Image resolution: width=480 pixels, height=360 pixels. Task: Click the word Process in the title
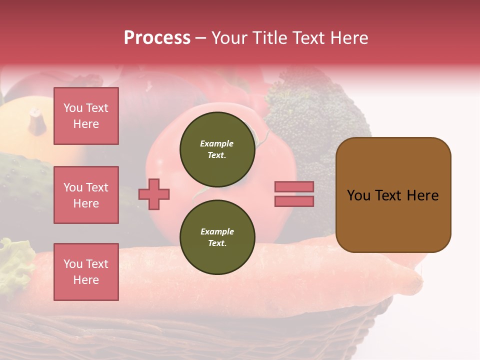tap(157, 38)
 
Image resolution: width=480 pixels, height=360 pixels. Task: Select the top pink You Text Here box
tap(86, 116)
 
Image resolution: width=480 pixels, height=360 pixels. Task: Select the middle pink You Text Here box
tap(86, 195)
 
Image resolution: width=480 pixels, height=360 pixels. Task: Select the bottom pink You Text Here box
tap(86, 272)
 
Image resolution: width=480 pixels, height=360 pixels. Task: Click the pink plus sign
tap(154, 194)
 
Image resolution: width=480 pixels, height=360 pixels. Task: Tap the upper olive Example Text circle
tap(217, 149)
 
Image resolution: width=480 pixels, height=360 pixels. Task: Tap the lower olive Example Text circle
tap(217, 237)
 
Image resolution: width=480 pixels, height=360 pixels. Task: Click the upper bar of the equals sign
tap(294, 187)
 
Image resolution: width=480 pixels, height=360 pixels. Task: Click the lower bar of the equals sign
tap(294, 201)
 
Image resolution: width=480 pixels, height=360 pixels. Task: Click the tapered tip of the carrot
tap(415, 280)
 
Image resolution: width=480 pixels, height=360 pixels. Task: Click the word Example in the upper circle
tap(217, 143)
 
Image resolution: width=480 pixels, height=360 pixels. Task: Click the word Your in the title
tap(229, 38)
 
